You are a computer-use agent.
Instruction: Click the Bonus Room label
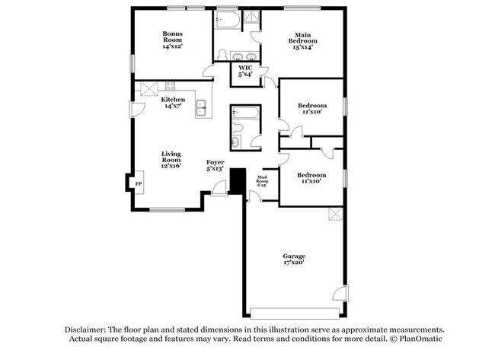[x=171, y=33]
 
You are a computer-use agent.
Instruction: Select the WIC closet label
[x=244, y=68]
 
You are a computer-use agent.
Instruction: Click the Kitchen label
[x=173, y=100]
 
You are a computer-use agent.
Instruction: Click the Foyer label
[x=216, y=162]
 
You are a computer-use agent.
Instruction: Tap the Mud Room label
[x=261, y=177]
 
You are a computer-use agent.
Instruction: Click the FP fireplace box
[x=139, y=183]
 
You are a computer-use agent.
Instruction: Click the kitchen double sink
[x=203, y=109]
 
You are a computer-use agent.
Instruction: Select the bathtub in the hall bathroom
[x=245, y=115]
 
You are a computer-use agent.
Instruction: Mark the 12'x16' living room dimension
[x=171, y=165]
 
